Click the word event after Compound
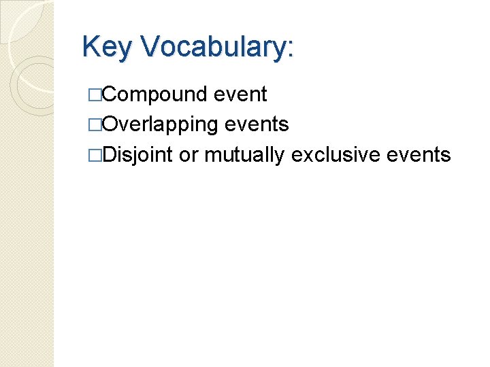point(240,95)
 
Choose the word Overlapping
point(158,125)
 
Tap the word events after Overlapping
point(256,125)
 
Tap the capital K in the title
point(90,48)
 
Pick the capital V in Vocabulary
point(148,48)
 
